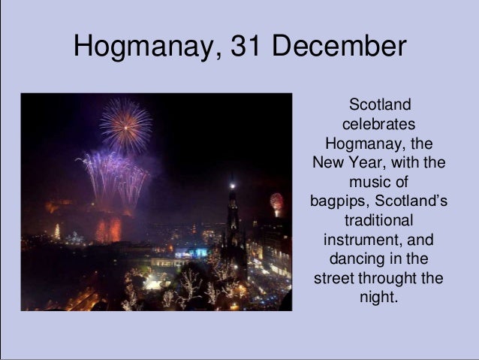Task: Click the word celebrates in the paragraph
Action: (x=379, y=123)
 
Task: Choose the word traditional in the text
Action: (x=378, y=221)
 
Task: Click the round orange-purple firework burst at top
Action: (x=125, y=125)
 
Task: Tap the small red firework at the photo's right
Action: (x=276, y=201)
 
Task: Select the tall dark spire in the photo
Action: (x=233, y=225)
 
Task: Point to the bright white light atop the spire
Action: (x=232, y=184)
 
